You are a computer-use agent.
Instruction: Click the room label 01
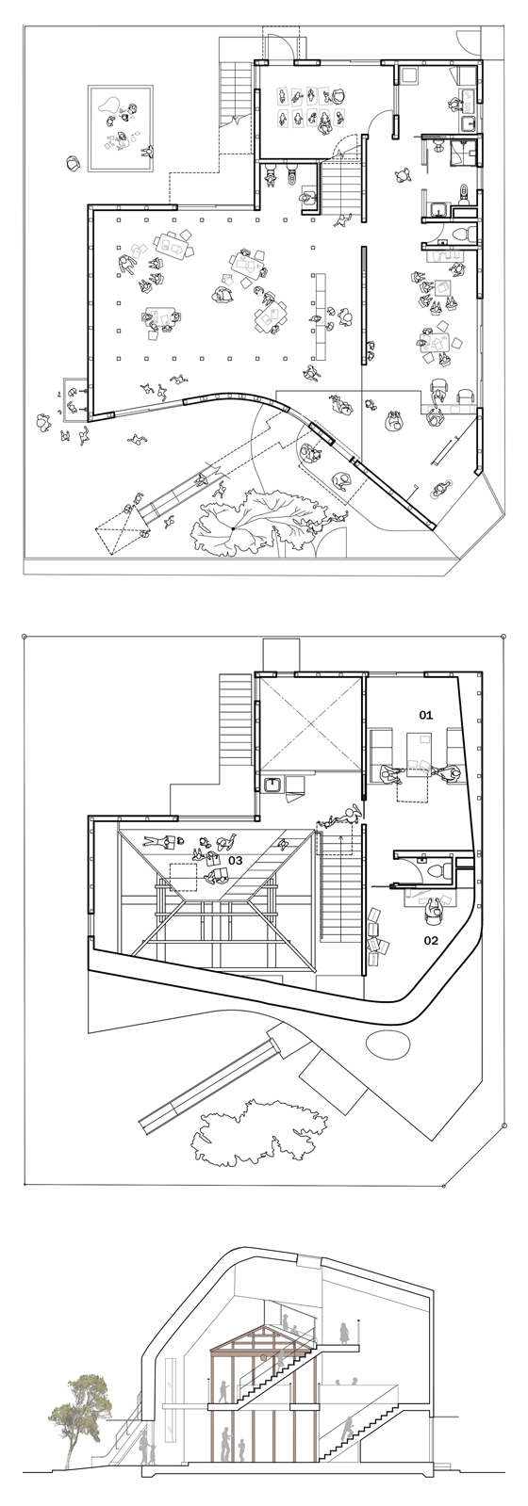(425, 715)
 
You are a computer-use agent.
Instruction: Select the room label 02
(431, 940)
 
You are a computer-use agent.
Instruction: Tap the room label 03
(235, 860)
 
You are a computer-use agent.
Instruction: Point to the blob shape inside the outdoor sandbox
(108, 105)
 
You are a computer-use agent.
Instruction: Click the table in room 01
(417, 753)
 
